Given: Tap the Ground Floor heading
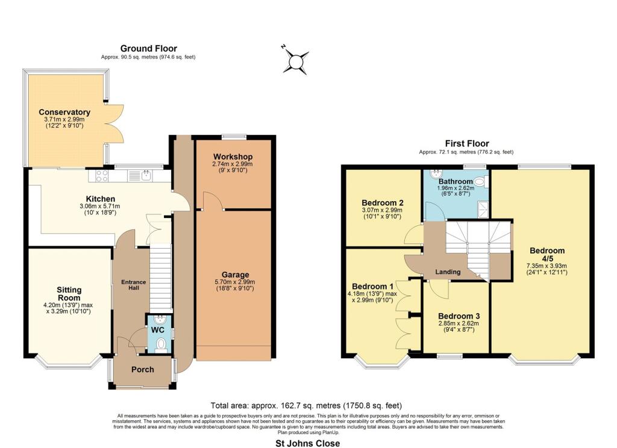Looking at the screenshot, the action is (148, 48).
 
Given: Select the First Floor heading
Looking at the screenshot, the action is (467, 143).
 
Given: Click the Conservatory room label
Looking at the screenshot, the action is (64, 112).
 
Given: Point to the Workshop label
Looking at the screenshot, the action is (233, 157).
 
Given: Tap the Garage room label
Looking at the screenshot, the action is (236, 275).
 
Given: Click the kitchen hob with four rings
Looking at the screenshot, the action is (102, 175).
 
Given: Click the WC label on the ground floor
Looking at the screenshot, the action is (158, 329).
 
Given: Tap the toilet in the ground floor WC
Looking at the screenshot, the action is (160, 345).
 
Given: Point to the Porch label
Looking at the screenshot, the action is (142, 370).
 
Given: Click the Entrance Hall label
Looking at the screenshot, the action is (133, 285).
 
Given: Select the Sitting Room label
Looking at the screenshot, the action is (69, 293).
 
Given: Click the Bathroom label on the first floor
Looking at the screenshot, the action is (456, 181).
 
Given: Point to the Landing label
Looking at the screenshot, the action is (448, 272).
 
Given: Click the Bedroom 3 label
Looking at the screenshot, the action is (459, 316).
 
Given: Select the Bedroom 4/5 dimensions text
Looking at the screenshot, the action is (547, 269).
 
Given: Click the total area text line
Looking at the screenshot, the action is (306, 405).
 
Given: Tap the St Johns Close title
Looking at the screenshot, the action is (308, 443).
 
